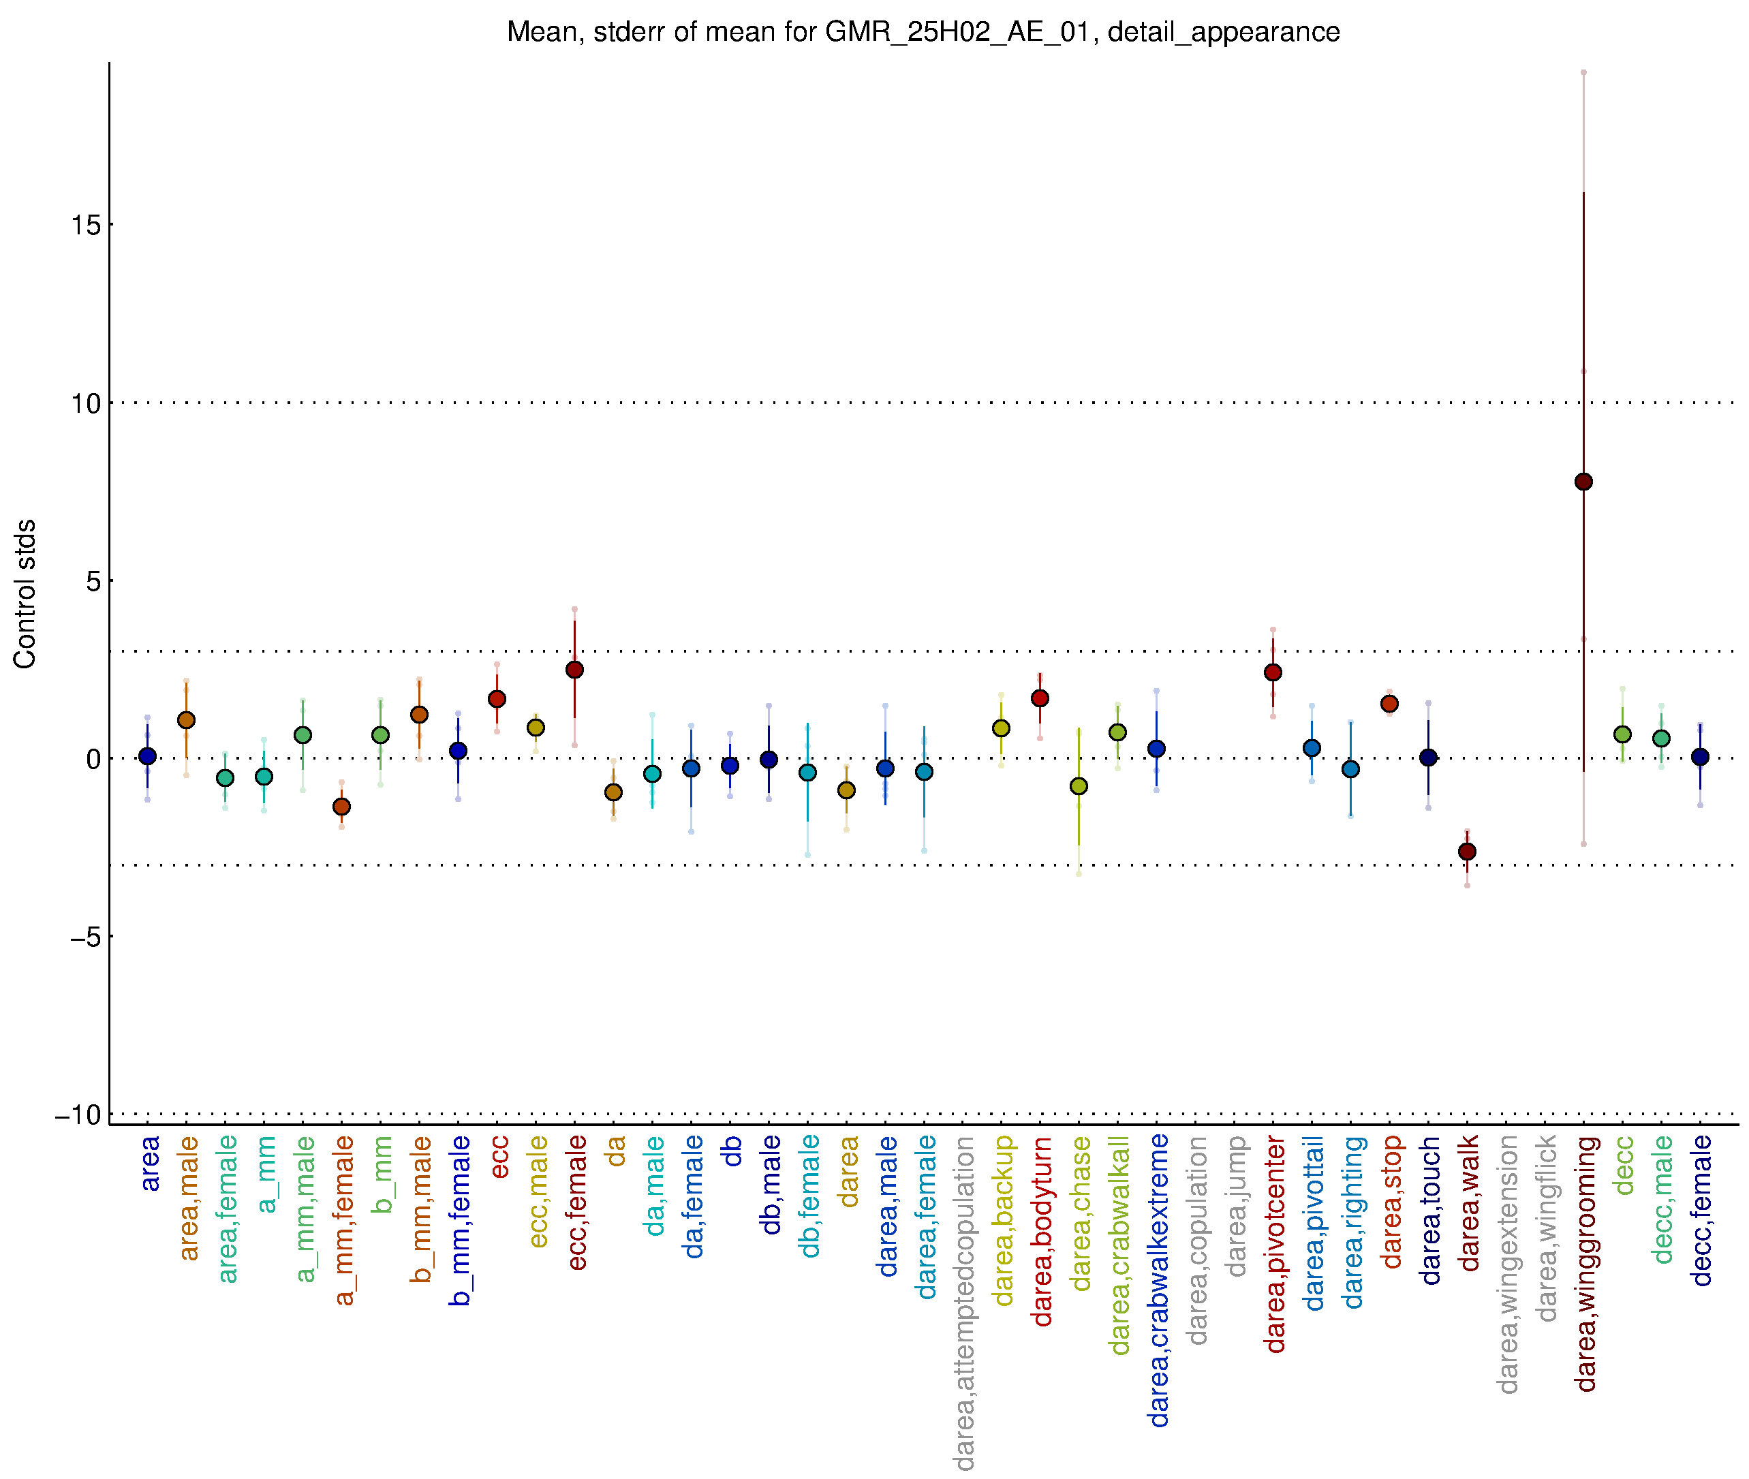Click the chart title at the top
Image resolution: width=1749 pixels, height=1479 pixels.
923,32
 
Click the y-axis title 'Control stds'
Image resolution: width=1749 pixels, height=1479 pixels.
25,593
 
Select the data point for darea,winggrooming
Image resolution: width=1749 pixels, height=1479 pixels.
1583,481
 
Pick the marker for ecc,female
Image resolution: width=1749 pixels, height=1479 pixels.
574,670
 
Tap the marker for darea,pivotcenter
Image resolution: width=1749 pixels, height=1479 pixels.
1273,672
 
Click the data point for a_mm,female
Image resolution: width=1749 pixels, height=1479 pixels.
341,807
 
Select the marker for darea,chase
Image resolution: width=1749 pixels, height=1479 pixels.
1079,786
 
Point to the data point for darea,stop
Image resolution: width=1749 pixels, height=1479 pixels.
1389,704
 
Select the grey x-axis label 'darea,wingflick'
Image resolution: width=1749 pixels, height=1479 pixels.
1546,1228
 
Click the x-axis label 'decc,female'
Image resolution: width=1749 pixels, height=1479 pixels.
1701,1211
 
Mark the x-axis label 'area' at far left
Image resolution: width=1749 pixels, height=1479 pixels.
149,1163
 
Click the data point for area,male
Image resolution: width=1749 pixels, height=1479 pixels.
186,720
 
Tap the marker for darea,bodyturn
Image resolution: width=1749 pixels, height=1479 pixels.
1040,698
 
